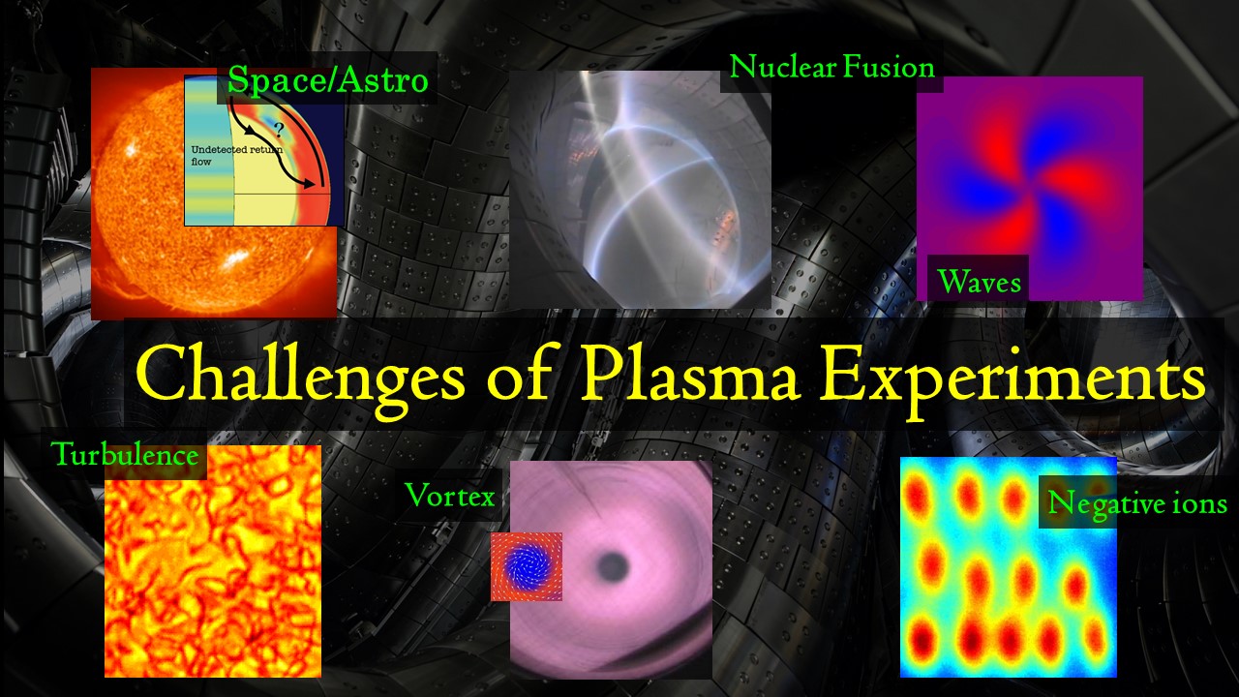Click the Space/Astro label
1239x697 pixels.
(x=328, y=80)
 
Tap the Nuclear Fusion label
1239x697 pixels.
(x=831, y=68)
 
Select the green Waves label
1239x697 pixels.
(x=979, y=282)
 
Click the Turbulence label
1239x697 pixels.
(x=125, y=455)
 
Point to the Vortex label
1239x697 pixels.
(x=450, y=495)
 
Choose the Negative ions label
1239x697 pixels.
(x=1137, y=504)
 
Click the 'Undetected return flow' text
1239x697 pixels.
(x=237, y=156)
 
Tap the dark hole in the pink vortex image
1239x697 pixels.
(x=612, y=566)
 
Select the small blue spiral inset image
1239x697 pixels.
(x=527, y=566)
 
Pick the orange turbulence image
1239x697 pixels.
(x=213, y=561)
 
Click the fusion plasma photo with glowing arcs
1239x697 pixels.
(x=640, y=189)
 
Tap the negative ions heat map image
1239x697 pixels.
(x=1009, y=567)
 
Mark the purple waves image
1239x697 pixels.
(x=1030, y=189)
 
